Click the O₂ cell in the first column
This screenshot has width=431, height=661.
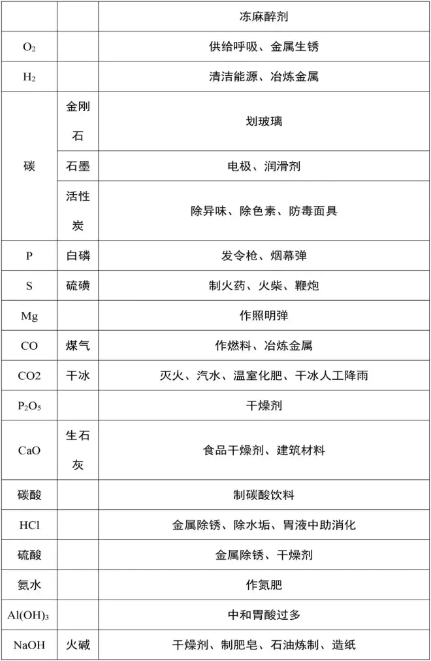[x=29, y=47]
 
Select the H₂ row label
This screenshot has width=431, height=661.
[x=29, y=77]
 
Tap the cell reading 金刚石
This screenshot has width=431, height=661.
[x=78, y=122]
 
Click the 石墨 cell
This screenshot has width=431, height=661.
[x=78, y=167]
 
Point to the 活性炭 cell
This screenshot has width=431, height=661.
[x=78, y=211]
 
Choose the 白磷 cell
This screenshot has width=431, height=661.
[x=78, y=256]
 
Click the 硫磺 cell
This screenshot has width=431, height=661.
[x=78, y=286]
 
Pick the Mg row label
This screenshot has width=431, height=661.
[x=29, y=316]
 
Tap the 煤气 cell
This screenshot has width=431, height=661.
[x=78, y=346]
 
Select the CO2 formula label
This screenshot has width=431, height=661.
[x=29, y=376]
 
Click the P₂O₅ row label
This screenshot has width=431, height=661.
[x=29, y=406]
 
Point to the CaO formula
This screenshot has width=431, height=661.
[x=29, y=450]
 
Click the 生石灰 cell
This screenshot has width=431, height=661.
[x=78, y=450]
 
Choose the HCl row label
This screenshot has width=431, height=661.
[x=29, y=525]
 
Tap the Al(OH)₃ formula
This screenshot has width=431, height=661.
[x=29, y=615]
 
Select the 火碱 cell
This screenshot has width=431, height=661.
[x=78, y=645]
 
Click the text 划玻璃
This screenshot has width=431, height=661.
[x=264, y=122]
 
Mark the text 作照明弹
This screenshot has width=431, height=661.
[x=264, y=316]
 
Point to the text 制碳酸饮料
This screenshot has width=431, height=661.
[x=264, y=495]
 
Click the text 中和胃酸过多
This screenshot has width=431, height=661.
[x=264, y=615]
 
